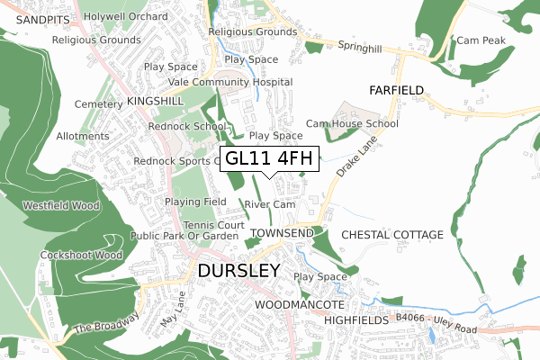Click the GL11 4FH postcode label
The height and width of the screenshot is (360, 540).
point(269,158)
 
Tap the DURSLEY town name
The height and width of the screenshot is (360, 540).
point(238,270)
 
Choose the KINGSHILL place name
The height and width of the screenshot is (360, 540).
point(156,103)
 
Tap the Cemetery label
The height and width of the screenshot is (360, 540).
point(97,104)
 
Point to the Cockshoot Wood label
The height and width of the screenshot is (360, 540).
point(81,255)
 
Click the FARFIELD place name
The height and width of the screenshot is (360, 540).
point(395,90)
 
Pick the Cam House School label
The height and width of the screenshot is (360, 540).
point(352,123)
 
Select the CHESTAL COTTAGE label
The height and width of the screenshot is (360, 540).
point(392,235)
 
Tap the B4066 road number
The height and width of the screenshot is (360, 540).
point(409,318)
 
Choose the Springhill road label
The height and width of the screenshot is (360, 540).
point(362,44)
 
